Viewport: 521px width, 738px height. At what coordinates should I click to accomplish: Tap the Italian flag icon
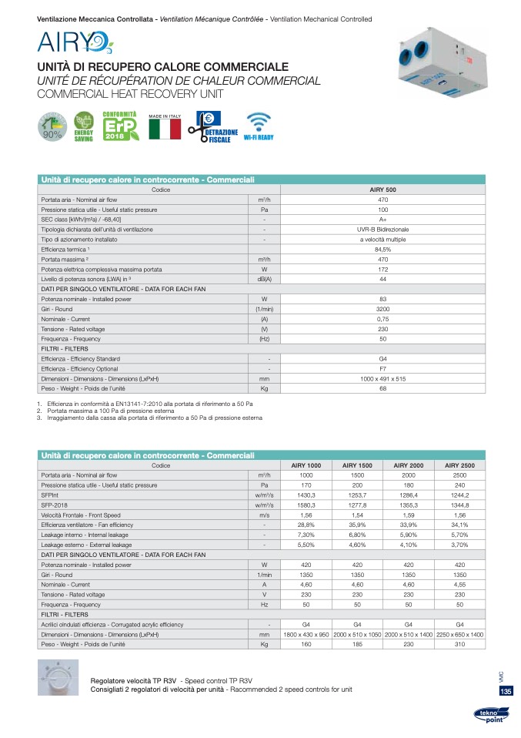pyautogui.click(x=165, y=128)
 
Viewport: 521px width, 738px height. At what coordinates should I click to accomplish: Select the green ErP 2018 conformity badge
pyautogui.click(x=121, y=126)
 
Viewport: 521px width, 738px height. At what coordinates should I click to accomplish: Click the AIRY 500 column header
pyautogui.click(x=382, y=189)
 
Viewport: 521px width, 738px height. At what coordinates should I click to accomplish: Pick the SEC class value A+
pyautogui.click(x=382, y=219)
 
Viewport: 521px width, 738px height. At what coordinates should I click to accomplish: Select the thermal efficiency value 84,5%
pyautogui.click(x=382, y=249)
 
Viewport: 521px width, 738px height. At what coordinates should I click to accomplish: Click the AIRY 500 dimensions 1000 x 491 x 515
pyautogui.click(x=382, y=379)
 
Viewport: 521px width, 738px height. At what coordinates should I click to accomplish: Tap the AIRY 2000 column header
pyautogui.click(x=409, y=465)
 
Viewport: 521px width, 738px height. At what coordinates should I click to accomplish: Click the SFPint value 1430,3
pyautogui.click(x=306, y=495)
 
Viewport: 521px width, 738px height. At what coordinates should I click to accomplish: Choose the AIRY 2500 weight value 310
pyautogui.click(x=459, y=644)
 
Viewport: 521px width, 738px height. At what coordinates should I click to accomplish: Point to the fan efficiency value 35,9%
pyautogui.click(x=357, y=525)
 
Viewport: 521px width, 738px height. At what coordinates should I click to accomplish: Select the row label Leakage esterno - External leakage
pyautogui.click(x=87, y=545)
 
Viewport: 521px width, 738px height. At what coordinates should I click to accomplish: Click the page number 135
pyautogui.click(x=506, y=692)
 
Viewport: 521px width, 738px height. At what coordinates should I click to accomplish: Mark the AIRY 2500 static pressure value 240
pyautogui.click(x=459, y=485)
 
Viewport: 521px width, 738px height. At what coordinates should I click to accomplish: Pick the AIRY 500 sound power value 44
pyautogui.click(x=382, y=279)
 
